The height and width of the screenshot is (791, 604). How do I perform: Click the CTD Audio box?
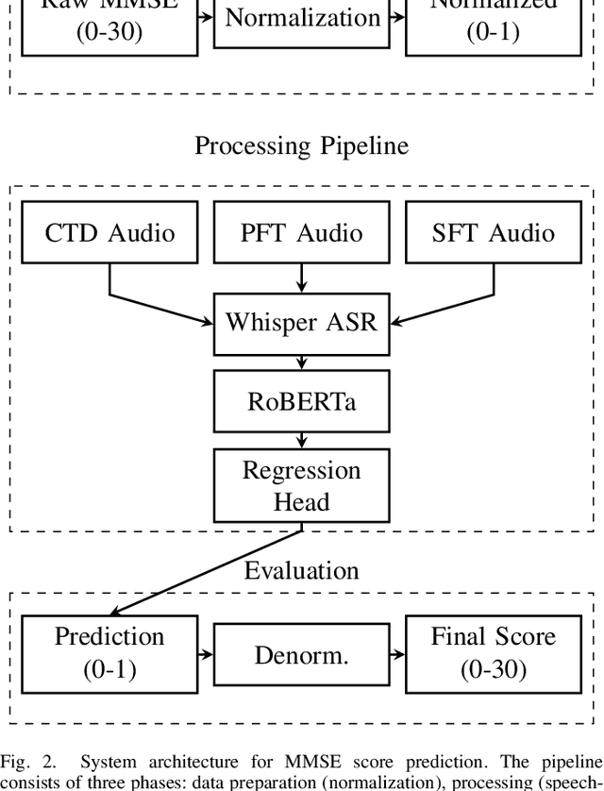109,232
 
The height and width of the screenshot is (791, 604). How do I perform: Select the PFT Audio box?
301,232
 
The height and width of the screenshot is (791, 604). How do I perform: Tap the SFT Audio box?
493,232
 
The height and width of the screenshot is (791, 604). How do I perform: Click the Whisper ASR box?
301,322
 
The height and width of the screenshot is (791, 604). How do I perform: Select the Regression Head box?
301,485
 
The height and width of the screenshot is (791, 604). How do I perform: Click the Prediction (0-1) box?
109,652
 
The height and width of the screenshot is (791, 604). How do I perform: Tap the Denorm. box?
301,654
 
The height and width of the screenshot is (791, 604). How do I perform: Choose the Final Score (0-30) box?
493,652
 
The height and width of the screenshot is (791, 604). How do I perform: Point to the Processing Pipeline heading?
301,146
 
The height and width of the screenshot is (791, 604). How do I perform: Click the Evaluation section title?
301,570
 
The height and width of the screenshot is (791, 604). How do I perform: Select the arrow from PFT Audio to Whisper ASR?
301,277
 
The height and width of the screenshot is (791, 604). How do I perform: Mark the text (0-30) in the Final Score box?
493,668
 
